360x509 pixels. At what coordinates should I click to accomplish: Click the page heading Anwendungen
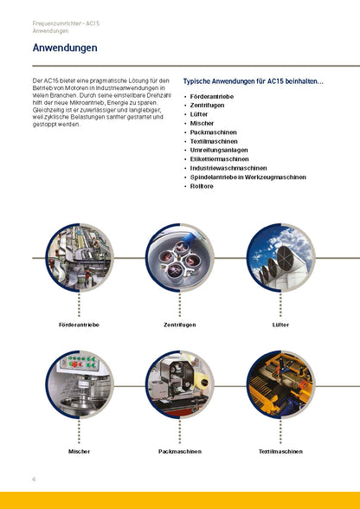point(64,48)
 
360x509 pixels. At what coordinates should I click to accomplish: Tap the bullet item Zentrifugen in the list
point(208,104)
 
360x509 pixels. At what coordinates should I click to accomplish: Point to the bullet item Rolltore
point(202,186)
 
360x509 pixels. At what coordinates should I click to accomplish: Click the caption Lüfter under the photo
point(280,324)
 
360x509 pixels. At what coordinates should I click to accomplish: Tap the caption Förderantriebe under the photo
point(79,324)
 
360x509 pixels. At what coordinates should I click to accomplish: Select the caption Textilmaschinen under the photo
point(280,451)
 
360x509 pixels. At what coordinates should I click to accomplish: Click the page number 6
point(34,479)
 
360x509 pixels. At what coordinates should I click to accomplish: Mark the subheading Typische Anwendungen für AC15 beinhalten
point(253,81)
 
